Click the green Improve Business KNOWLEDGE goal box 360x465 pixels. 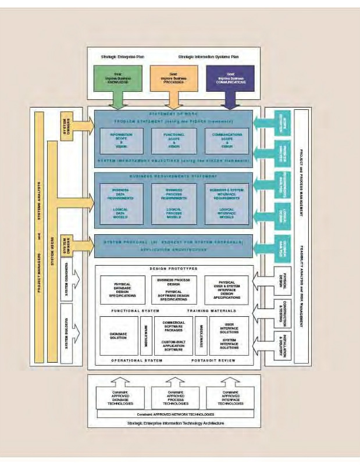(116, 77)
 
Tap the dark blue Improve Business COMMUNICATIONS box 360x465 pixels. (227, 77)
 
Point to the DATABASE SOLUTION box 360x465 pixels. (119, 336)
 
